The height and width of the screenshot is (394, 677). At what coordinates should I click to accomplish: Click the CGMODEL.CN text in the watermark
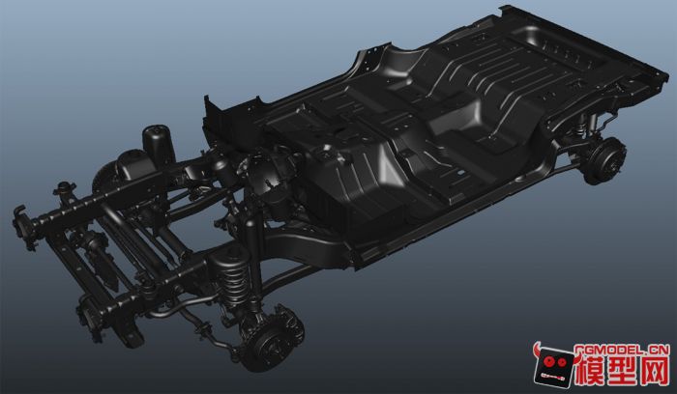pyautogui.click(x=621, y=350)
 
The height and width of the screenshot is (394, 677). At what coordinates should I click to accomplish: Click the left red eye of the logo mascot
pyautogui.click(x=549, y=360)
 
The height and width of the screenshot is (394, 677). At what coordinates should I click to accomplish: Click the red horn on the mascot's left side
pyautogui.click(x=538, y=350)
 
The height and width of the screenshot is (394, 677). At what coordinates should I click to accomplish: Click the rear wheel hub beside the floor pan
pyautogui.click(x=604, y=160)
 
